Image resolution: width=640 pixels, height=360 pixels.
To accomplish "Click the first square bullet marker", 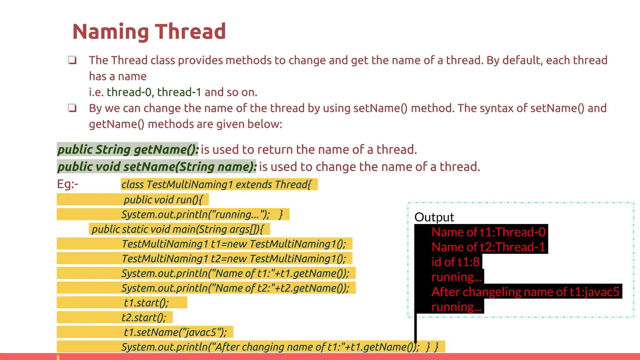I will point(72,60).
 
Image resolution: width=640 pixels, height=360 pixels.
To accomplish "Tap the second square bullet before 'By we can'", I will point(72,108).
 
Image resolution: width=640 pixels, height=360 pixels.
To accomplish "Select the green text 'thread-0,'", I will point(129,92).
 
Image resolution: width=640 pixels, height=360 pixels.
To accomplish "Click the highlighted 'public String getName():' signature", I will point(128,149).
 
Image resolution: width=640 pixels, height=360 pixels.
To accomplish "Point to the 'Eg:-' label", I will point(67,184).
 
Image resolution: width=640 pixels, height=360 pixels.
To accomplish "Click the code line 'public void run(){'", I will point(163,200).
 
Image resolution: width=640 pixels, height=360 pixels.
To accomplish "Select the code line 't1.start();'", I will point(146,303).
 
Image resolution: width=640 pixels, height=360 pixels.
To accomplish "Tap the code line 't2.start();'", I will point(144,317).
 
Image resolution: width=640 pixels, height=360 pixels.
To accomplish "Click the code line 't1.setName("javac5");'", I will point(175,332).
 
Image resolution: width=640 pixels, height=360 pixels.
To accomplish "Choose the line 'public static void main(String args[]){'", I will point(177,229).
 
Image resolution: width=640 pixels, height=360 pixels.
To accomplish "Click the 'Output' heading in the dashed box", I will point(434,217).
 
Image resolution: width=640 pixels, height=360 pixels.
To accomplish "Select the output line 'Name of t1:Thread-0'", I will point(488,232).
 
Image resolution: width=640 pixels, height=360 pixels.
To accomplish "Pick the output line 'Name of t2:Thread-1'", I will point(488,247).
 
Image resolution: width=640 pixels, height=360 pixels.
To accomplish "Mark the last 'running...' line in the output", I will point(456,307).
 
